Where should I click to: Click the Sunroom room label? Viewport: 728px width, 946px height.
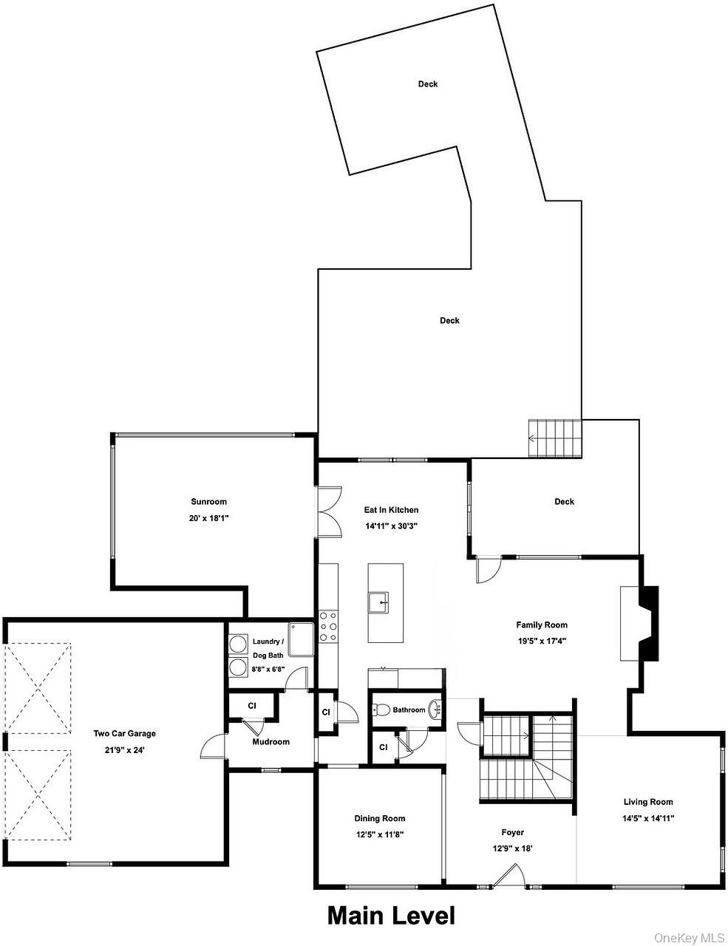pyautogui.click(x=209, y=502)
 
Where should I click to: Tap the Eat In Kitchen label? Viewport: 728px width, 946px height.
pyautogui.click(x=391, y=510)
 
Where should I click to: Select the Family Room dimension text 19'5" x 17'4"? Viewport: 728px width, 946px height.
pyautogui.click(x=542, y=641)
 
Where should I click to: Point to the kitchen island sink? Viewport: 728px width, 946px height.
pyautogui.click(x=378, y=602)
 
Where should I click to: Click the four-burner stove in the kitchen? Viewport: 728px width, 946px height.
pyautogui.click(x=328, y=627)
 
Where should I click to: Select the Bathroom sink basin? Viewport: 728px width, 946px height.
pyautogui.click(x=435, y=710)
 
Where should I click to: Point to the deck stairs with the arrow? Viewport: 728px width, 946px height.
pyautogui.click(x=555, y=438)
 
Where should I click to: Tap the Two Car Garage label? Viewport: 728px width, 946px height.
pyautogui.click(x=124, y=734)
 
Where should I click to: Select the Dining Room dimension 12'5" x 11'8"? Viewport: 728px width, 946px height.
pyautogui.click(x=379, y=834)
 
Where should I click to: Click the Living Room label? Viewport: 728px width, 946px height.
pyautogui.click(x=648, y=802)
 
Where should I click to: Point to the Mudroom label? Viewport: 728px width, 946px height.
pyautogui.click(x=271, y=742)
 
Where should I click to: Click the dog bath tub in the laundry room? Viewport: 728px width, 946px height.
pyautogui.click(x=301, y=639)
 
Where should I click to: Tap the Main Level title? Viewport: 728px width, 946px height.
pyautogui.click(x=391, y=916)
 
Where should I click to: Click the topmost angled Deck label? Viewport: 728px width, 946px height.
pyautogui.click(x=428, y=84)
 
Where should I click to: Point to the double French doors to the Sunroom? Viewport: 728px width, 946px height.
pyautogui.click(x=330, y=512)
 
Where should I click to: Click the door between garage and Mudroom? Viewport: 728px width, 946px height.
pyautogui.click(x=213, y=746)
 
